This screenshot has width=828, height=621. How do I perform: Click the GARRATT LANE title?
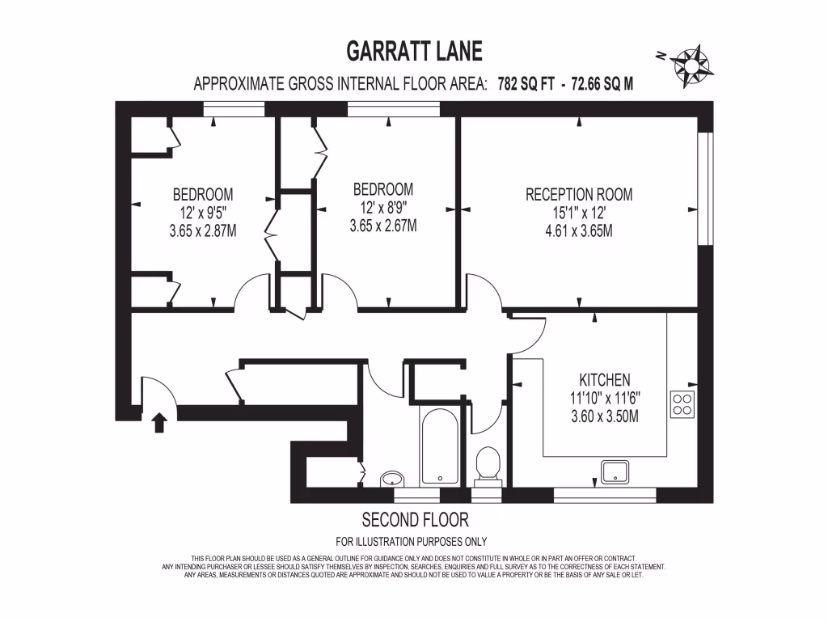pos(414,52)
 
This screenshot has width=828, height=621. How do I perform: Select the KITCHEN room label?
pos(604,379)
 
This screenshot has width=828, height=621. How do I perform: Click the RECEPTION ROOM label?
pos(579,194)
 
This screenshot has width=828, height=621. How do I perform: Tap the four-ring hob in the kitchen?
pos(682,403)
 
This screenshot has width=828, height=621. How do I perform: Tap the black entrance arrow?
pos(159,422)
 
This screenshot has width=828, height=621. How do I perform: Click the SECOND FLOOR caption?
pos(415,519)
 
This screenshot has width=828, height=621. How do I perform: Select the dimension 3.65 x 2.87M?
pos(202,230)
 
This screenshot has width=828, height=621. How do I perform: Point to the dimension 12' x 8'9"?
pos(383,208)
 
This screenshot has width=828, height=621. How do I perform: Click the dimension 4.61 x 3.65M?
pos(579,231)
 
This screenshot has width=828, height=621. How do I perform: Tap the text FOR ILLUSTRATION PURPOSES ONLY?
pos(411,542)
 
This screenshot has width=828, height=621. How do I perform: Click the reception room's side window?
pos(706,188)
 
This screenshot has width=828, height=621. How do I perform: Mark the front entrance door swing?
pos(154,392)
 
